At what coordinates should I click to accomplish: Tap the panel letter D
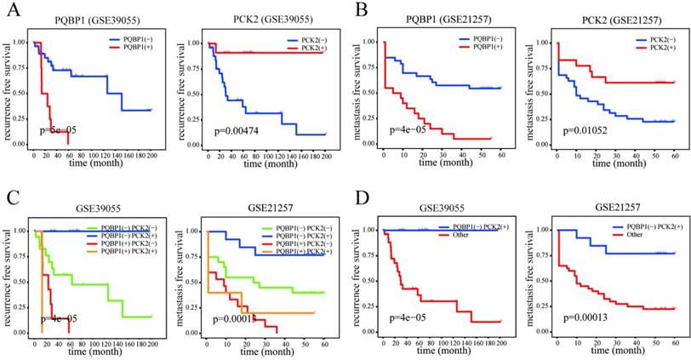tap(357, 185)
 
